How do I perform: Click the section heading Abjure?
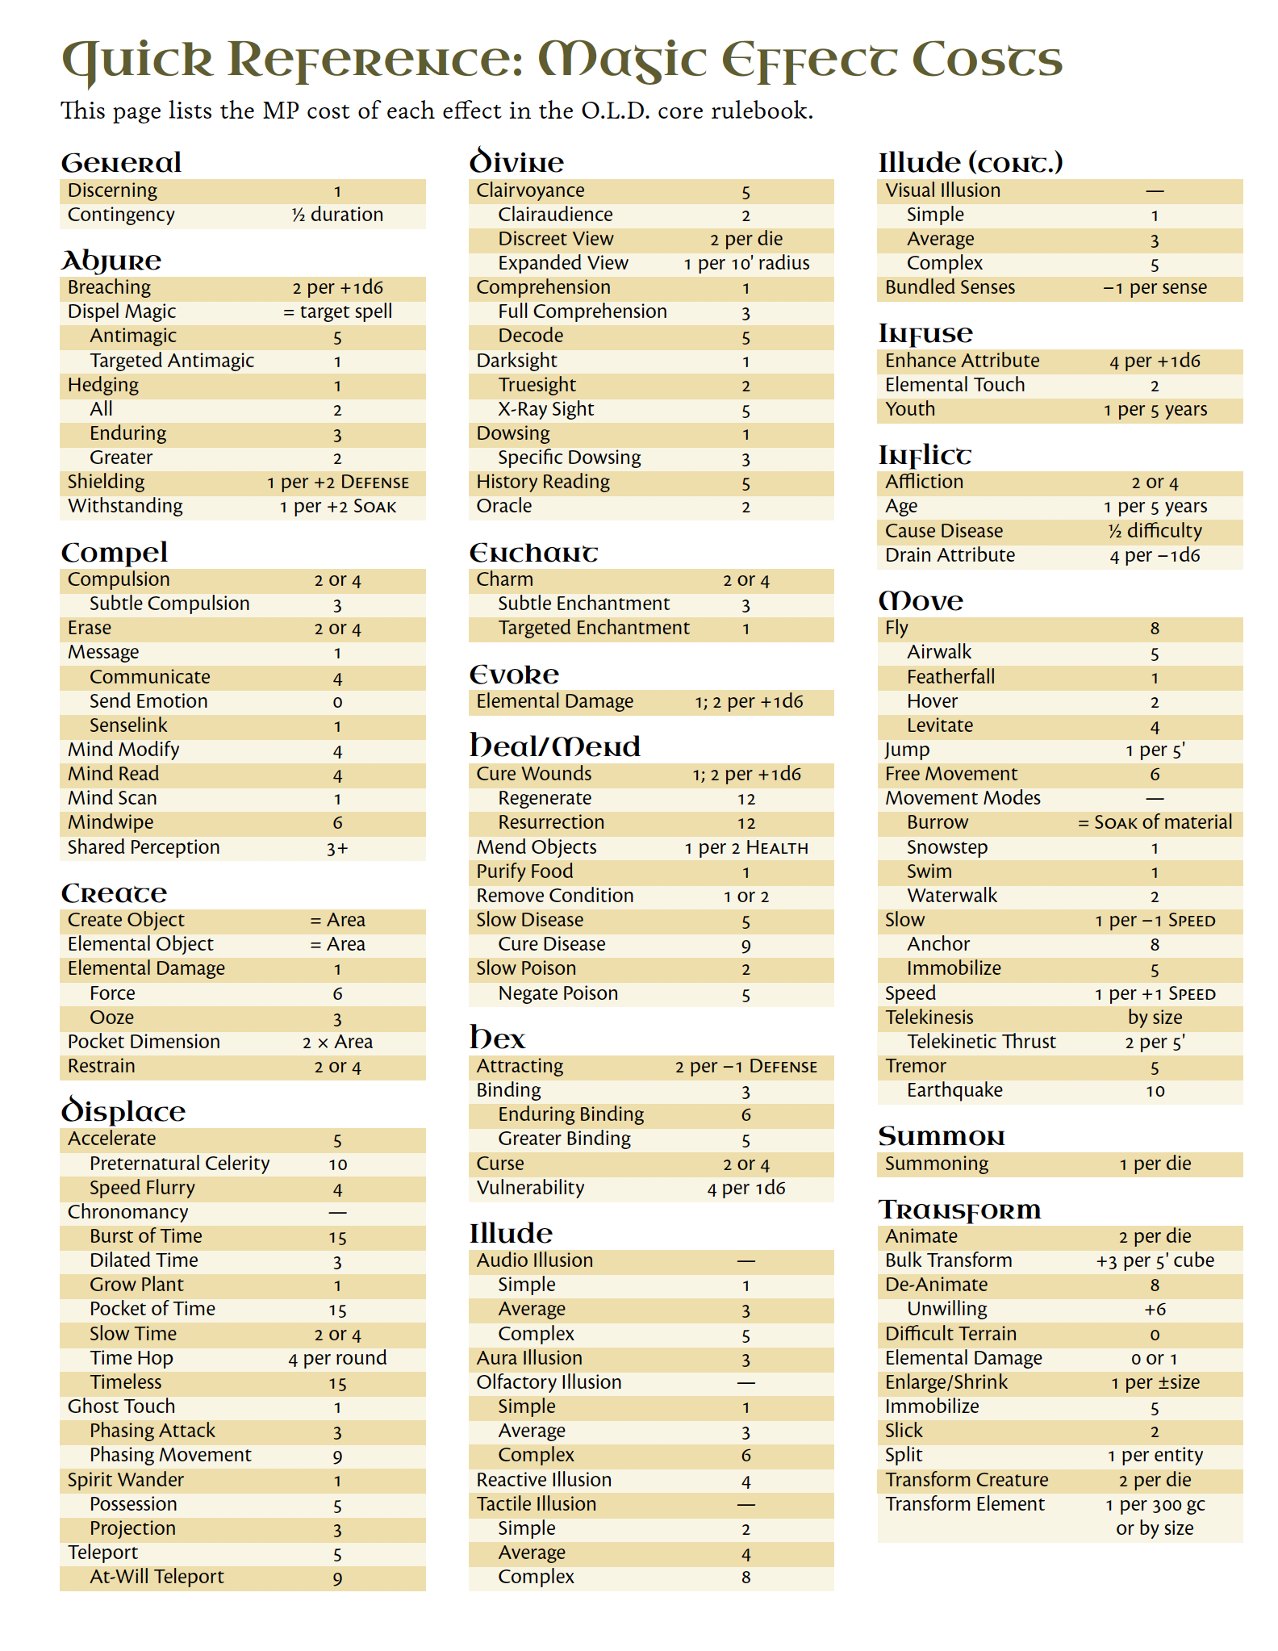[111, 261]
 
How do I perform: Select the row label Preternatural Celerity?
[179, 1164]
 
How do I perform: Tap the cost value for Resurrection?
[745, 823]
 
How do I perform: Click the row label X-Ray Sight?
[545, 409]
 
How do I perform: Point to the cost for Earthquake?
[1155, 1091]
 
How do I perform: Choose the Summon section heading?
[941, 1137]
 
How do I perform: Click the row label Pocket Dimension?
[144, 1042]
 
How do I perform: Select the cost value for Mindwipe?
[337, 823]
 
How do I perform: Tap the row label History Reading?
[543, 482]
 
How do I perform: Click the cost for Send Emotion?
[337, 702]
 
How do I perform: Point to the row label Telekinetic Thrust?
[981, 1042]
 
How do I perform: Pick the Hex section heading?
[497, 1039]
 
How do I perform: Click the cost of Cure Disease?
[745, 945]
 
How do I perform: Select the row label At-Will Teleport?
[157, 1577]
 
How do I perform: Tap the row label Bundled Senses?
[950, 287]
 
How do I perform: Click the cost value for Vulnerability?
[745, 1188]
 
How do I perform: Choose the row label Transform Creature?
[967, 1480]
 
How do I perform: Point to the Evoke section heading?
[514, 675]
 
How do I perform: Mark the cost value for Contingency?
[337, 215]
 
